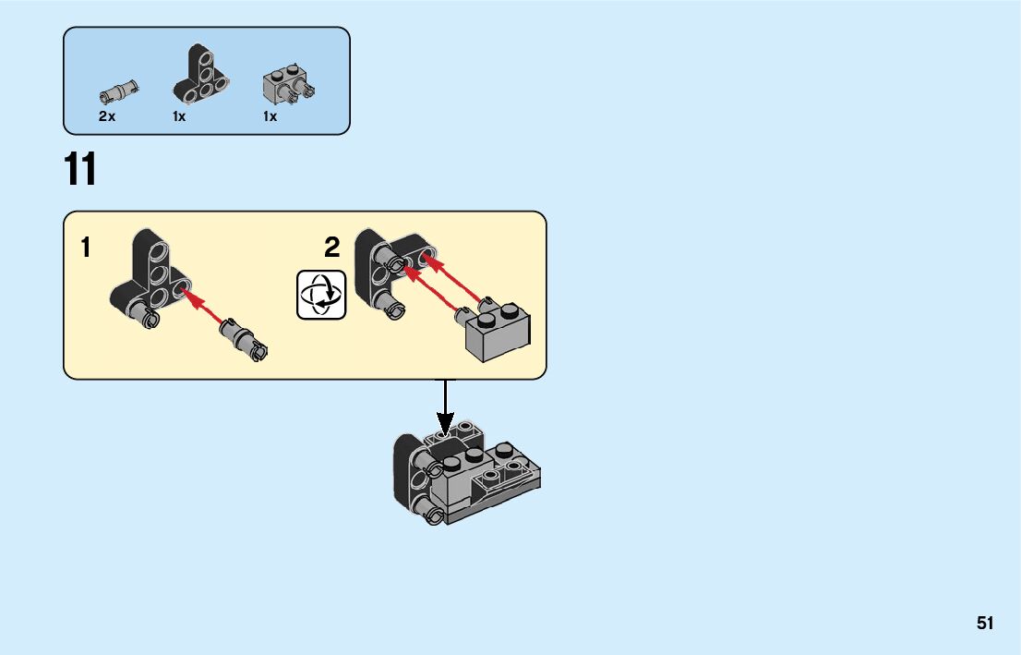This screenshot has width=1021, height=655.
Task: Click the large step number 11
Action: (x=80, y=171)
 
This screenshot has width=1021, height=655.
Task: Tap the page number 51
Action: (x=985, y=624)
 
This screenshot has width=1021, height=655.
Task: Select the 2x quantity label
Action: (x=107, y=117)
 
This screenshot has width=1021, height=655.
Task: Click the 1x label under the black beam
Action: (x=179, y=117)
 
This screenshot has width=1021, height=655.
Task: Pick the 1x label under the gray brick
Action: (x=270, y=117)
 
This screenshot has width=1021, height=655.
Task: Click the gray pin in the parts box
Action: (x=119, y=91)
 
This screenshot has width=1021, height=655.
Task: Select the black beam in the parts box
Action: (x=196, y=75)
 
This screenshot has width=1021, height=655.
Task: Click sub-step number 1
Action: (x=86, y=248)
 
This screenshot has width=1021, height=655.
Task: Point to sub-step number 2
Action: (x=332, y=248)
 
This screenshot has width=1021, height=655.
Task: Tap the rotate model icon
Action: (x=321, y=295)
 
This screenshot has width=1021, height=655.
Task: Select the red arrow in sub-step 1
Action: (x=207, y=309)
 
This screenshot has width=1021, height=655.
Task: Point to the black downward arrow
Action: (x=446, y=406)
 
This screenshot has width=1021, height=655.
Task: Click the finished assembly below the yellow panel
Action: (x=467, y=476)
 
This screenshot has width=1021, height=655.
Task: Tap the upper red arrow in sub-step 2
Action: (x=458, y=278)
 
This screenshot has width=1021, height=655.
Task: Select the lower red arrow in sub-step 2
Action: (x=434, y=294)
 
